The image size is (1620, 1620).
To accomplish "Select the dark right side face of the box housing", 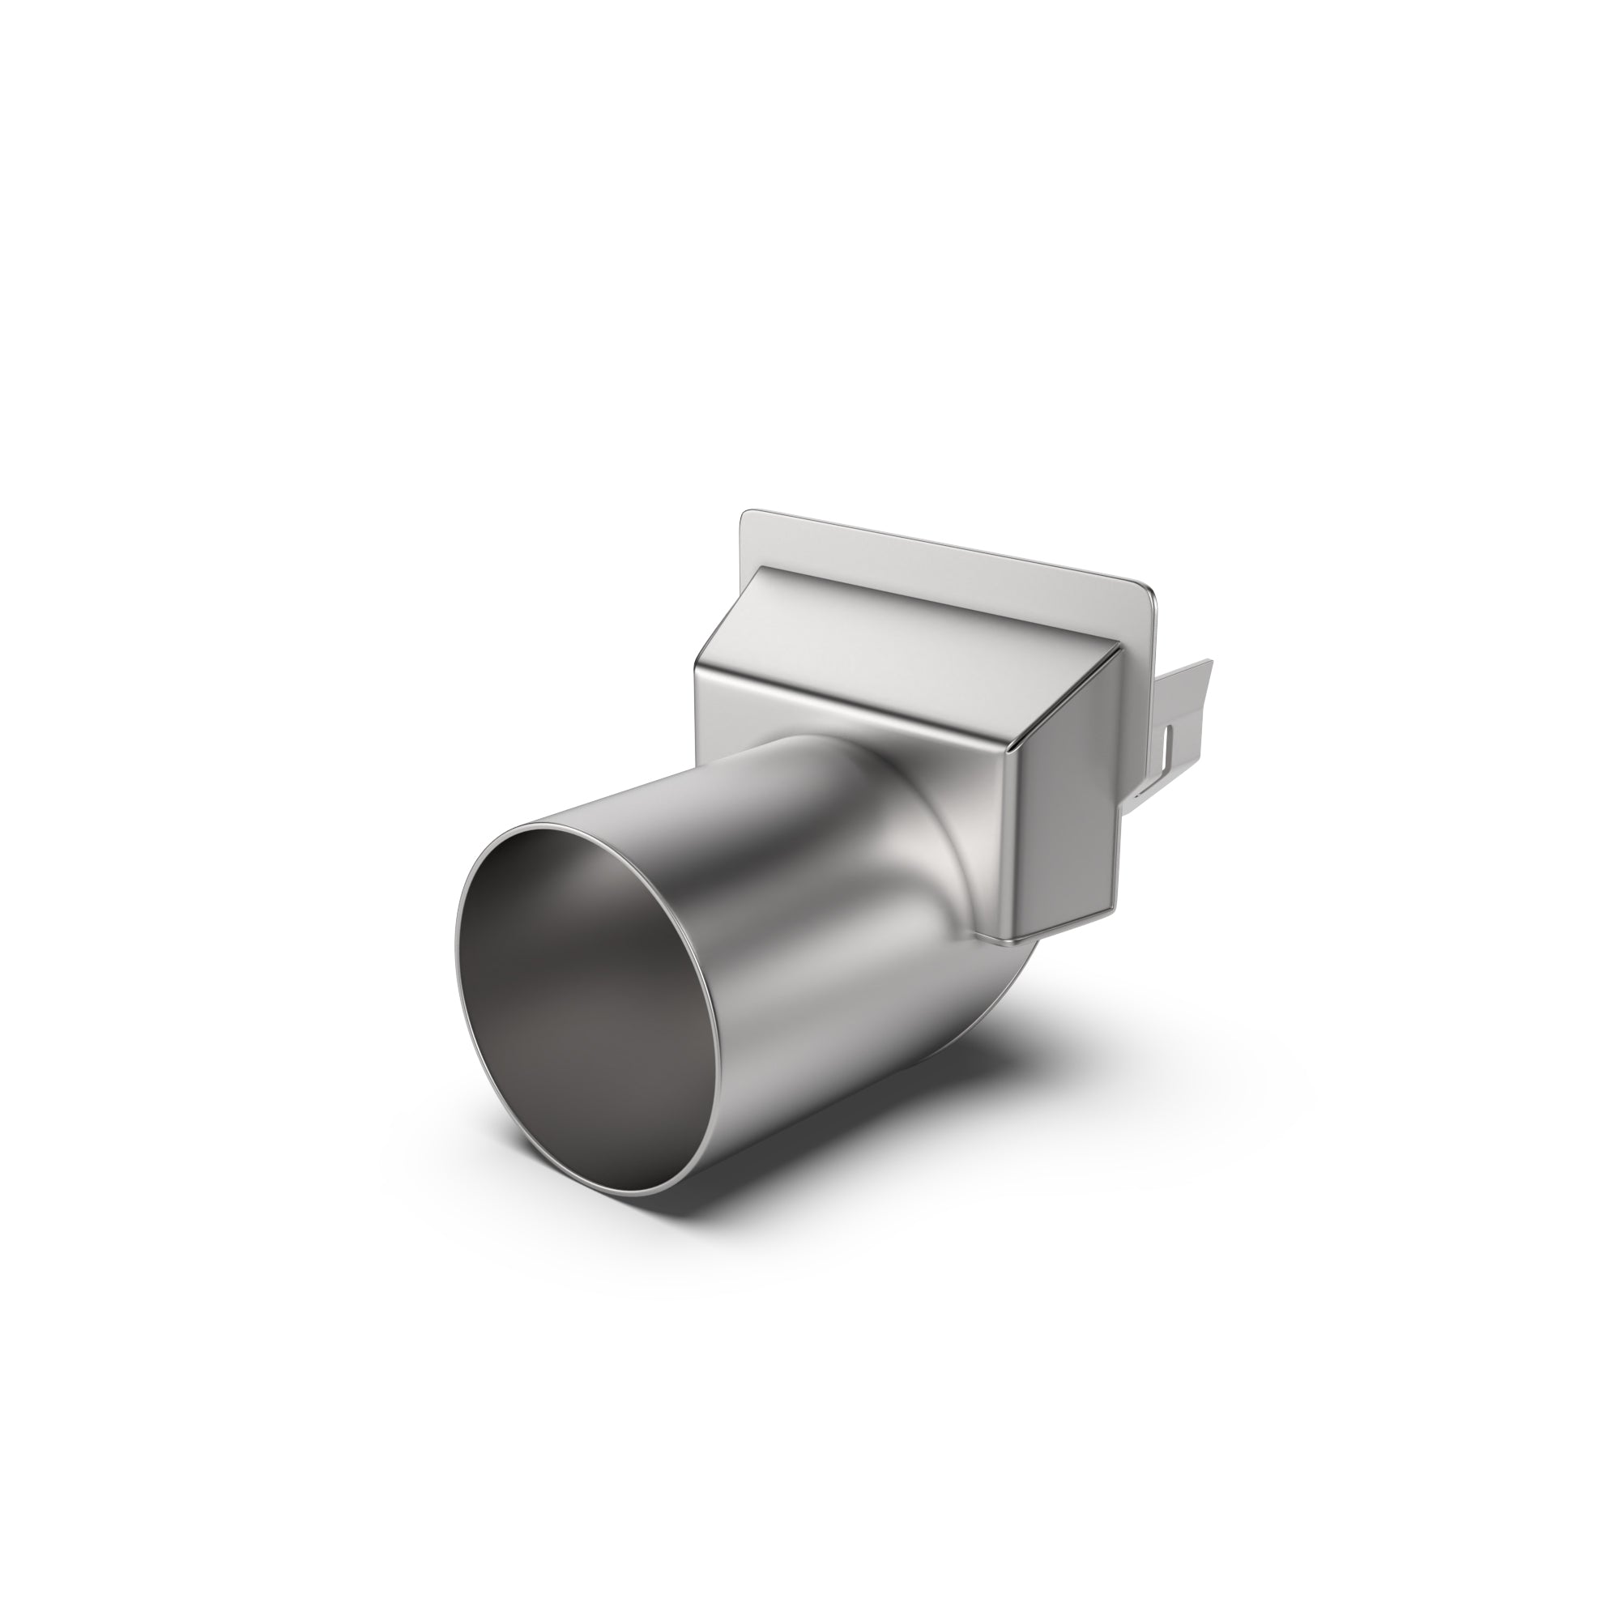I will [1069, 796].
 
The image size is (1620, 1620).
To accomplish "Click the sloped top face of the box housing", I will [906, 620].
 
